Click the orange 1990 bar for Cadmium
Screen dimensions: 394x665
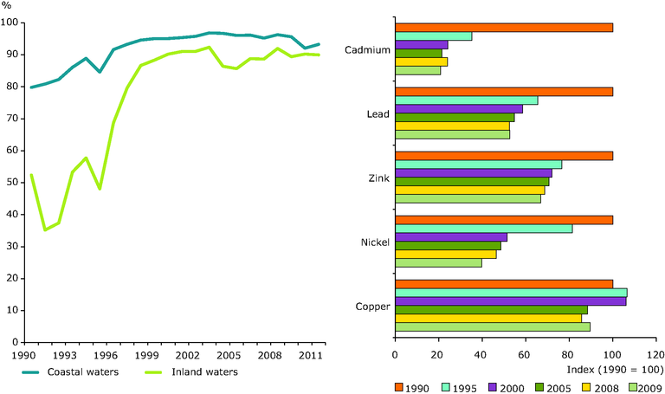tap(504, 28)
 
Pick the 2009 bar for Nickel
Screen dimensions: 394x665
tap(438, 262)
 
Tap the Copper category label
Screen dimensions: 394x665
tap(372, 306)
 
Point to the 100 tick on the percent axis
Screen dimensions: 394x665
tap(16, 23)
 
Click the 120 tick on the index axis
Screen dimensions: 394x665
tap(656, 355)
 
